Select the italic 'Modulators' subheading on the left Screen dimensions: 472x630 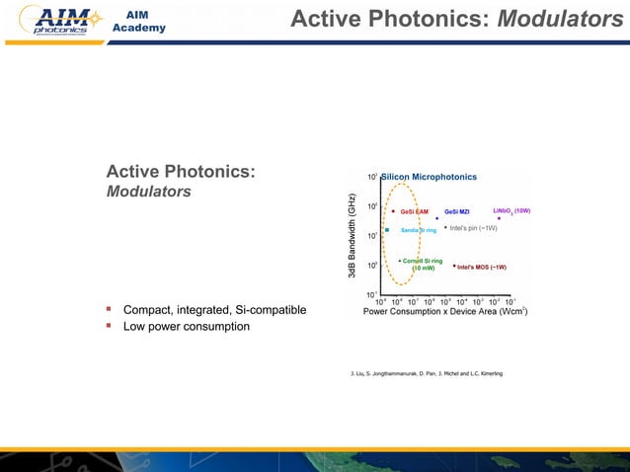pyautogui.click(x=149, y=192)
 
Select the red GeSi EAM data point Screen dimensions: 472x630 pyautogui.click(x=393, y=210)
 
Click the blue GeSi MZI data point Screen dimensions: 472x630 pyautogui.click(x=437, y=218)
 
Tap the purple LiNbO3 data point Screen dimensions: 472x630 pyautogui.click(x=499, y=218)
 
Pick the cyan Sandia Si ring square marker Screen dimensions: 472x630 pyautogui.click(x=387, y=230)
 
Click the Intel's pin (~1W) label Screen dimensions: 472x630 pyautogui.click(x=473, y=228)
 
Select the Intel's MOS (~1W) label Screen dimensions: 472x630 pyautogui.click(x=483, y=267)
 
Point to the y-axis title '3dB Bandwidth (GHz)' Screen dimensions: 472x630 pyautogui.click(x=352, y=235)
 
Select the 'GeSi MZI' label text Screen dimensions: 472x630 pyautogui.click(x=457, y=211)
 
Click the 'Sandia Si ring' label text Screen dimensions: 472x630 pyautogui.click(x=418, y=230)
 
